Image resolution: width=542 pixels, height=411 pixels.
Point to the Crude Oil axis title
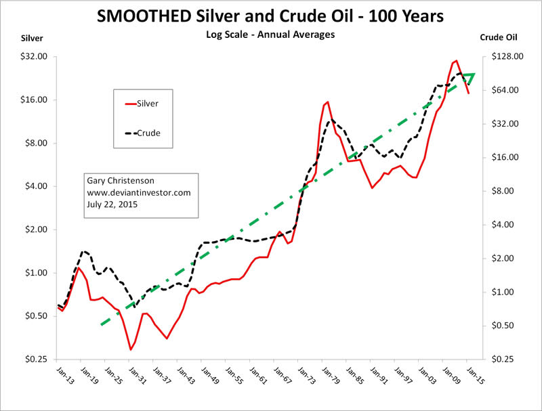click(501, 39)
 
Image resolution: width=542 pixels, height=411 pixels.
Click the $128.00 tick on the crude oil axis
click(507, 57)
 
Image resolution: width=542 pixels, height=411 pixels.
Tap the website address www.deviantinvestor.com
click(139, 192)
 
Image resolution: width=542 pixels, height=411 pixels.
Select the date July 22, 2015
click(112, 204)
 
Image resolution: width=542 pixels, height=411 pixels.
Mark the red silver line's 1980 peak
click(328, 102)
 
